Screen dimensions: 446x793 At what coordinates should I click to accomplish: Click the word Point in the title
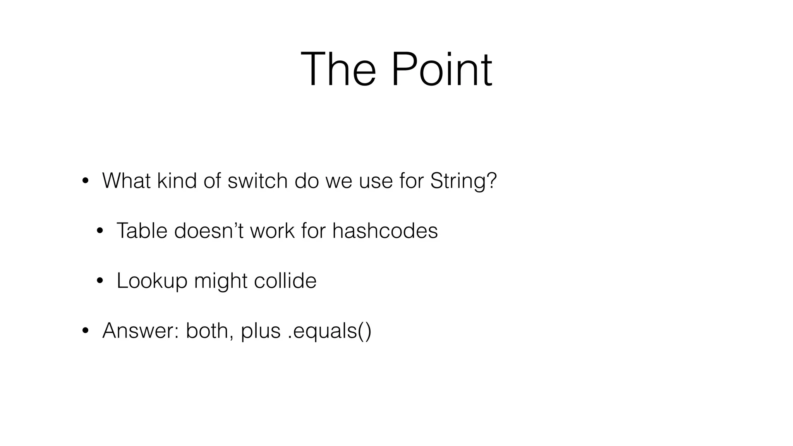[441, 70]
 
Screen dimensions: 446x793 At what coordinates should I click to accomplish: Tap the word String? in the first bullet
[463, 181]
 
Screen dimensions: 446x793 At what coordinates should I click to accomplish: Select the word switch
[257, 181]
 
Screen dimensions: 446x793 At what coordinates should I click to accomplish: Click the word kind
[177, 181]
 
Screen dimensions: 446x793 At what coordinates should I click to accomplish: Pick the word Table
[142, 231]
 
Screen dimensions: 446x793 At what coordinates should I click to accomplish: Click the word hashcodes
[385, 231]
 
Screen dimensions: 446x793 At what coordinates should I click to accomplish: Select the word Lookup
[152, 281]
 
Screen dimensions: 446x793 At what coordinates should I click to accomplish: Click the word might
[220, 281]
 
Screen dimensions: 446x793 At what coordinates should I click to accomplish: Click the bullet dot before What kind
[85, 181]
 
